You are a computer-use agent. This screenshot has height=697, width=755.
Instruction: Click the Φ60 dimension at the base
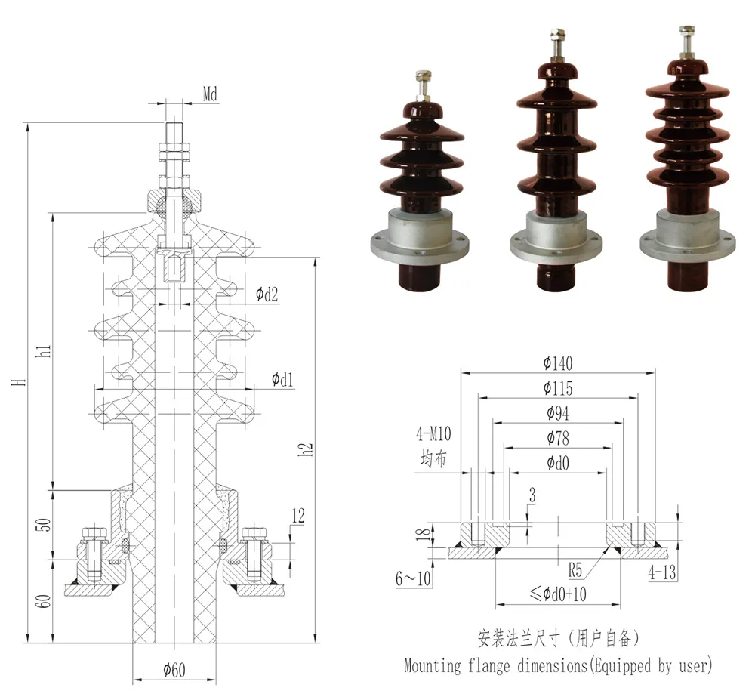pos(175,670)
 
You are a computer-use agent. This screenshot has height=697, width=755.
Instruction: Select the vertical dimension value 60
pos(45,602)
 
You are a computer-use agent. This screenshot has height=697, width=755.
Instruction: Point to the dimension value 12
pos(297,516)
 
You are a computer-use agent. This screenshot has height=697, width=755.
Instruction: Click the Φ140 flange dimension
pos(557,363)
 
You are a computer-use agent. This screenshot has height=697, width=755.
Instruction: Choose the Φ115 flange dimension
pos(557,388)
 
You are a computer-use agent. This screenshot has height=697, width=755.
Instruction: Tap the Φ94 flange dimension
pos(557,413)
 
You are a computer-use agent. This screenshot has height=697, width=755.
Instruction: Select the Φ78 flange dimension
pos(557,438)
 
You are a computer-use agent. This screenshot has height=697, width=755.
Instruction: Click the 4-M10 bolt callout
pos(433,434)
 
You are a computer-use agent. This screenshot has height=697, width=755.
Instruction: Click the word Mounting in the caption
pos(432,666)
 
